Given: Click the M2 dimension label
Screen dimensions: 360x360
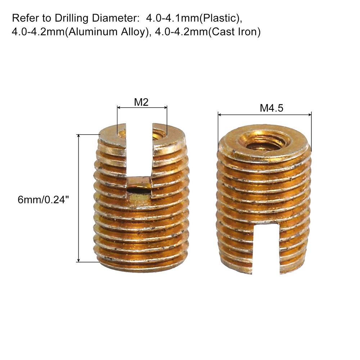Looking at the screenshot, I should tap(141, 102).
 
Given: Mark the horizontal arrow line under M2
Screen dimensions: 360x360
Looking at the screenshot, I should tap(142, 107).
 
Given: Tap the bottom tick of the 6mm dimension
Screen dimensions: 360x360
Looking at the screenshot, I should tap(88, 262).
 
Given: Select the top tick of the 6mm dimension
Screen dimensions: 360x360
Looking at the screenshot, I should tap(88, 135).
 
